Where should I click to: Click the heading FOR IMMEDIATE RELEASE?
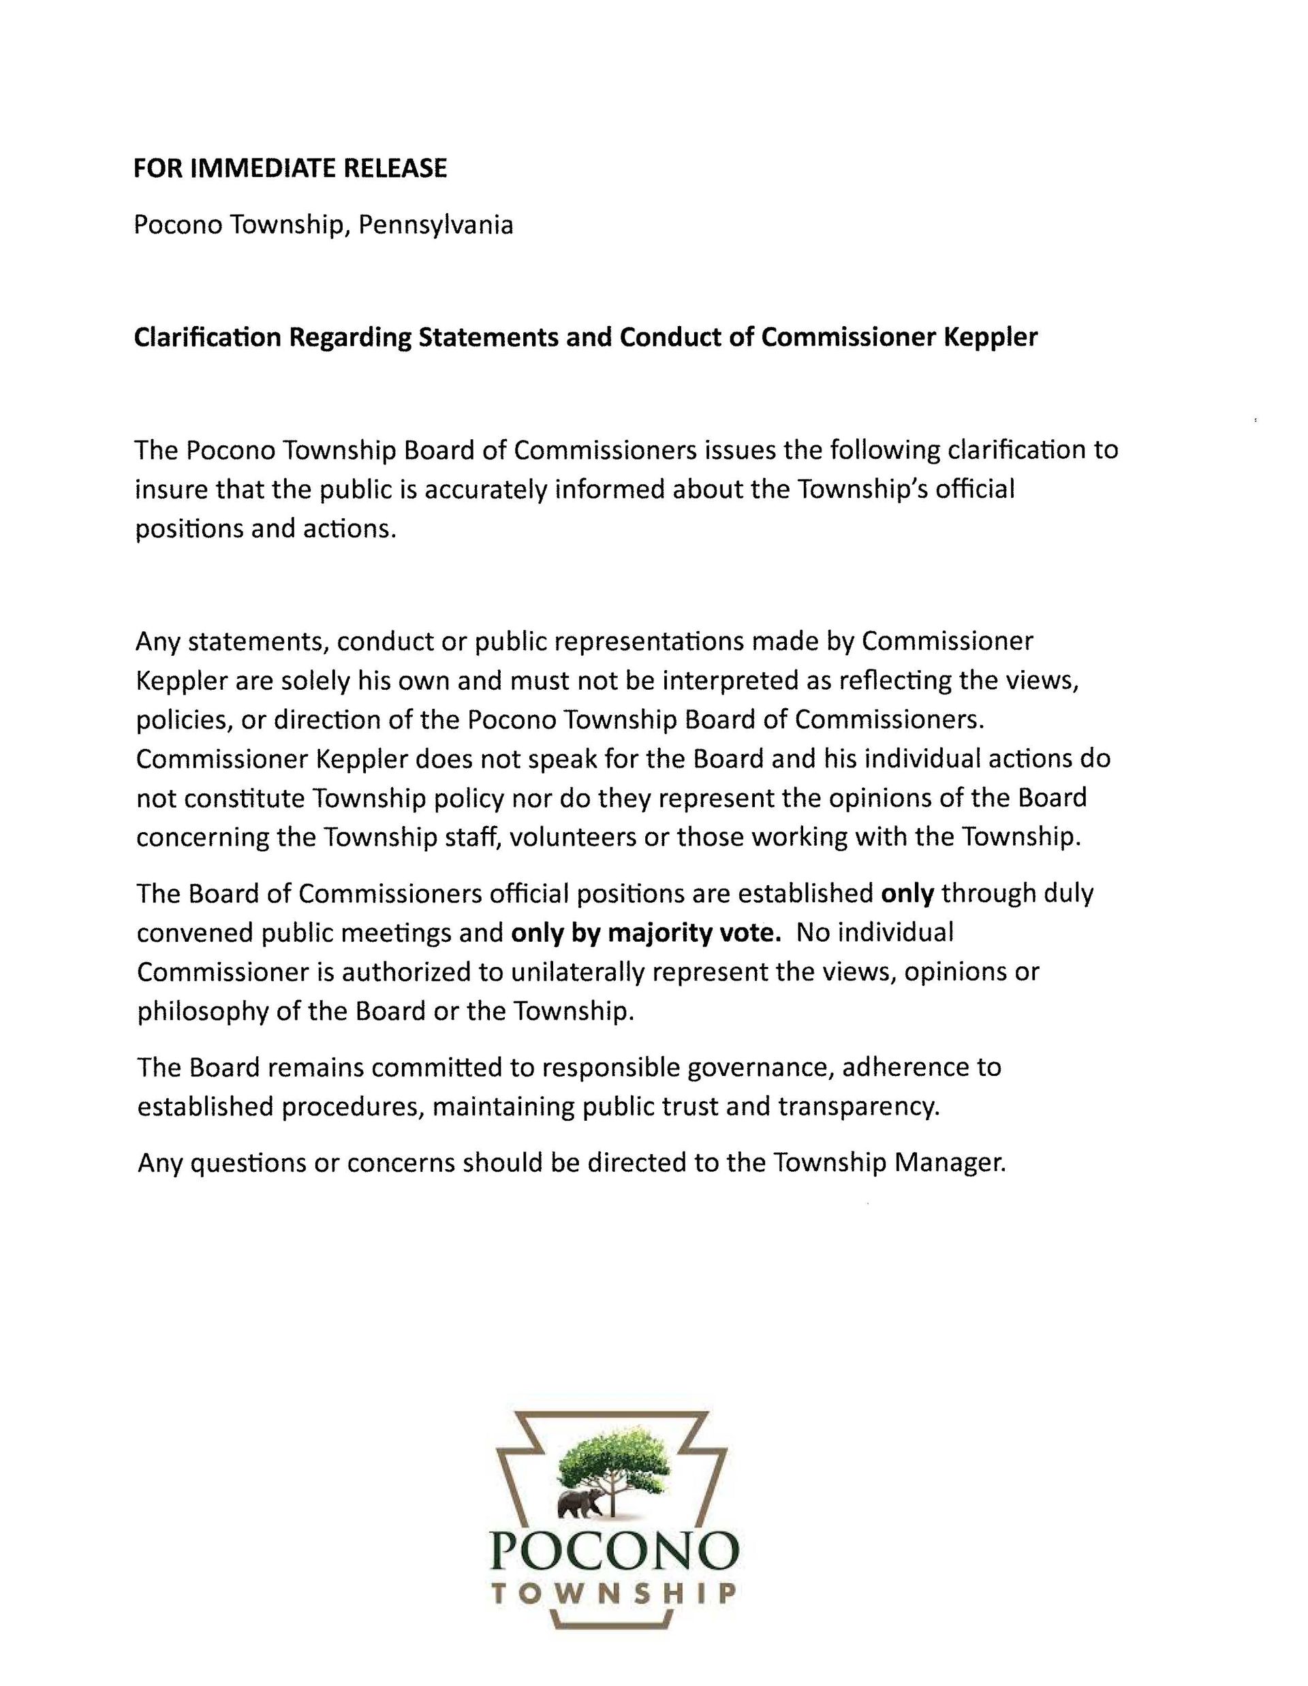pos(290,168)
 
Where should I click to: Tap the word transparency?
pos(858,1107)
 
